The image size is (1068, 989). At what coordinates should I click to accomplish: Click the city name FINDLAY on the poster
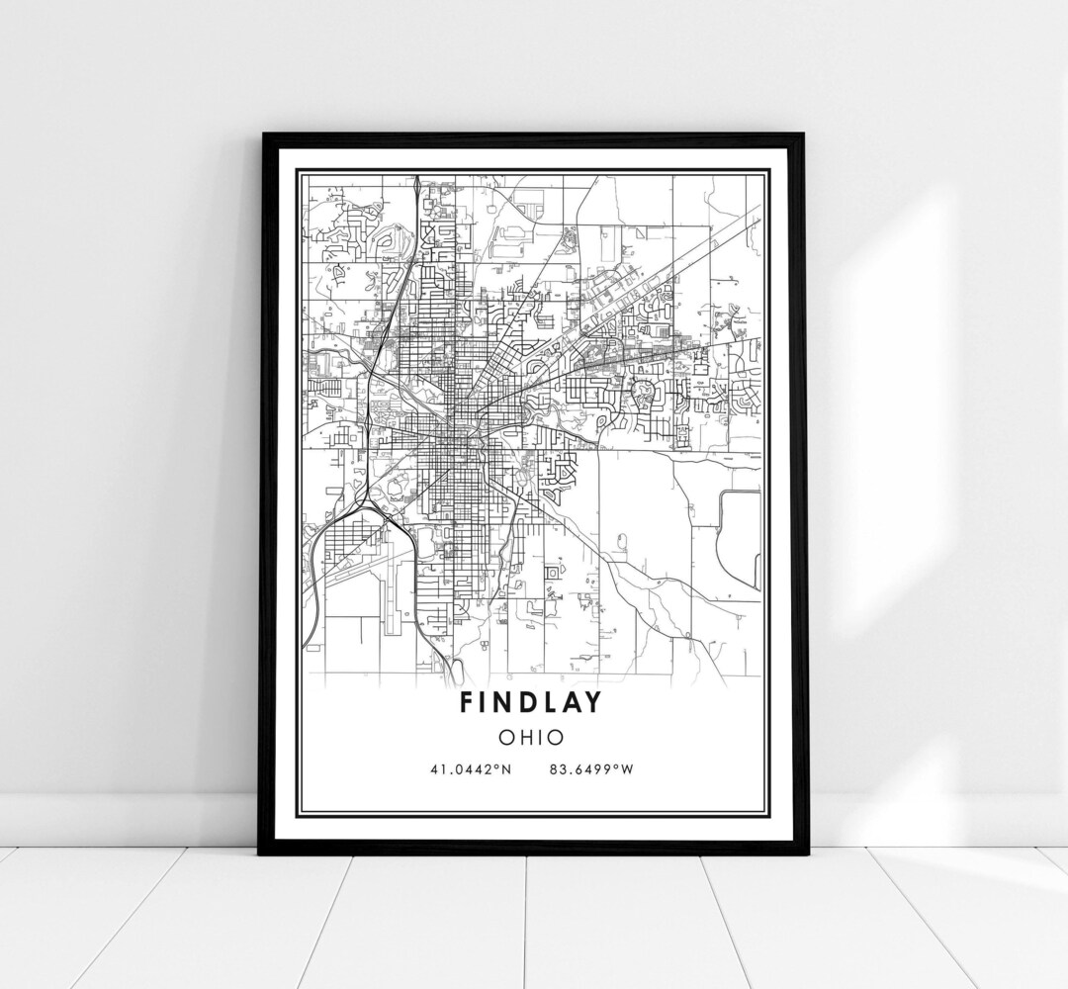(532, 701)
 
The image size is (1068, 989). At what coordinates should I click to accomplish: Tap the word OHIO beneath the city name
(532, 737)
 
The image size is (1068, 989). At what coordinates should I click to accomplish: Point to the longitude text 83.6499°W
(590, 768)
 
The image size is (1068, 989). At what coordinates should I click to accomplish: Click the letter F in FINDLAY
(465, 701)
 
